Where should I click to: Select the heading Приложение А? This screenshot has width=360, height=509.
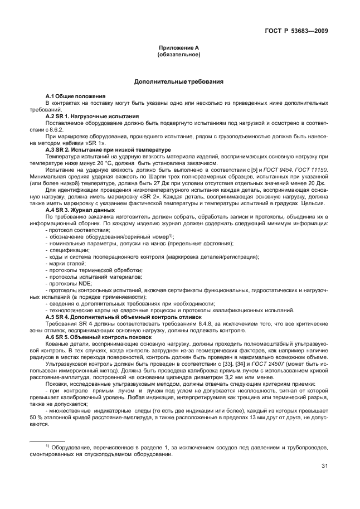pyautogui.click(x=179, y=49)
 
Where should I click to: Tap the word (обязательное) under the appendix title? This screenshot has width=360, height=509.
pyautogui.click(x=179, y=55)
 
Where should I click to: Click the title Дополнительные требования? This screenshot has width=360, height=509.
pyautogui.click(x=179, y=81)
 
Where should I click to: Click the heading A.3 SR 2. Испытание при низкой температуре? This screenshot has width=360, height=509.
pyautogui.click(x=108, y=151)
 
